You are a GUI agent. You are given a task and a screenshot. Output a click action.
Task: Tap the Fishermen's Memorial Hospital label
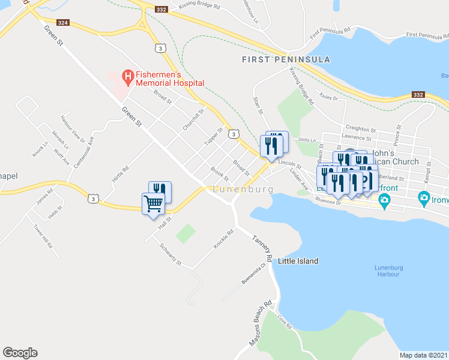point(170,79)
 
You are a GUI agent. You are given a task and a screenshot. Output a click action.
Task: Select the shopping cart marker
point(153,204)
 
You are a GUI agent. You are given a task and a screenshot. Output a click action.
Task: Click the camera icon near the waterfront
point(424,197)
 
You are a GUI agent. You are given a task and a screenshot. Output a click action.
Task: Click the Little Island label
point(298,261)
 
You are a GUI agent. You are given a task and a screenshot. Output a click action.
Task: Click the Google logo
point(20,353)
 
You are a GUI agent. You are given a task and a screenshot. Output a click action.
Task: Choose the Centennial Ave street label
point(85,152)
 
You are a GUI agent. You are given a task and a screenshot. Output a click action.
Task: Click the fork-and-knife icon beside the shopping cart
point(160,191)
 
